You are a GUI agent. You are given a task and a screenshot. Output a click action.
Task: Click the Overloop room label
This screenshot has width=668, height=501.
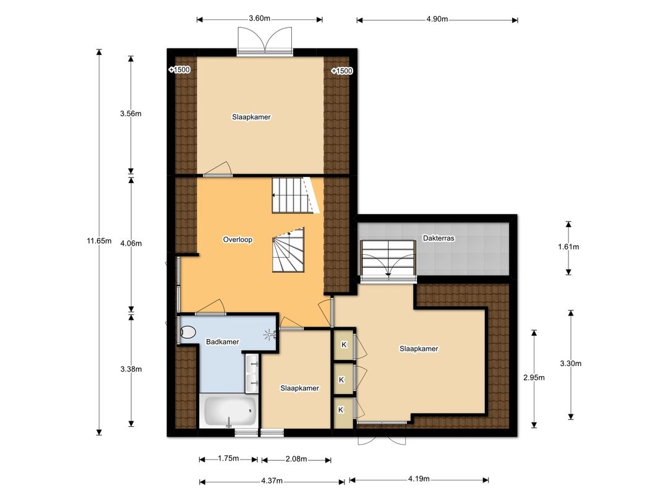[x=238, y=239]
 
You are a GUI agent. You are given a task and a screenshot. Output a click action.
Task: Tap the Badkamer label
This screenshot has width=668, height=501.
[x=223, y=341]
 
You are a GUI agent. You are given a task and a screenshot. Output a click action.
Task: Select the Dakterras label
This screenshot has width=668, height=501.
[x=439, y=238]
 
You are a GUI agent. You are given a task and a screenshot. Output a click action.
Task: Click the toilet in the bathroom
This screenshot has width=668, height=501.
[x=187, y=332]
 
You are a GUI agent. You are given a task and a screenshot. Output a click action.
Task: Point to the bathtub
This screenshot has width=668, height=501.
[x=229, y=411]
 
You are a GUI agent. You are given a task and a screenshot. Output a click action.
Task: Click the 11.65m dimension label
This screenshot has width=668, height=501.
[x=99, y=241]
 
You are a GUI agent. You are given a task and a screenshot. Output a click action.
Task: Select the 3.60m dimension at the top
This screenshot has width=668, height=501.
[x=259, y=19]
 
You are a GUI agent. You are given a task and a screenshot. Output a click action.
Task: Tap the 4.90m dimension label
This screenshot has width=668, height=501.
[x=437, y=19]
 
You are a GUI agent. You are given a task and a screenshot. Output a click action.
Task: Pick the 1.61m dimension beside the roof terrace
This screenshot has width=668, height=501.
[x=568, y=247]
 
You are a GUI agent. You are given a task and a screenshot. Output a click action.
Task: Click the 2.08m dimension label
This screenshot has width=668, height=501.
[x=296, y=459]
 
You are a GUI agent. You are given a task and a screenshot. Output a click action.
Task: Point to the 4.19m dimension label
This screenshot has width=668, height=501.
[x=419, y=478]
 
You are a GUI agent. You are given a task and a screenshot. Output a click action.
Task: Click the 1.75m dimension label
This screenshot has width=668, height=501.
[x=228, y=458]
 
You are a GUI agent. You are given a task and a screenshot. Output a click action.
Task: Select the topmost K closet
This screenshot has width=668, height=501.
[x=344, y=345]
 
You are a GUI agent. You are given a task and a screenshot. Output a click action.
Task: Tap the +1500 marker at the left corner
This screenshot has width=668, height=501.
[x=179, y=70]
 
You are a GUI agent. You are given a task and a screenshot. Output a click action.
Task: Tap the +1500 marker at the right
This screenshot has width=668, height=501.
[x=342, y=71]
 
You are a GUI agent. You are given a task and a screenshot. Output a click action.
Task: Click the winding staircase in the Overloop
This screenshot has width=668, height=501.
[x=288, y=250]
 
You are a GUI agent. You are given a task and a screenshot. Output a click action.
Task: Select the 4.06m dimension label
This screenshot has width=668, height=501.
[x=131, y=243]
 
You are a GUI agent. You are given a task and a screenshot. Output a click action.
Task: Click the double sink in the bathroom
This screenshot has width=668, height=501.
[x=252, y=373]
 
